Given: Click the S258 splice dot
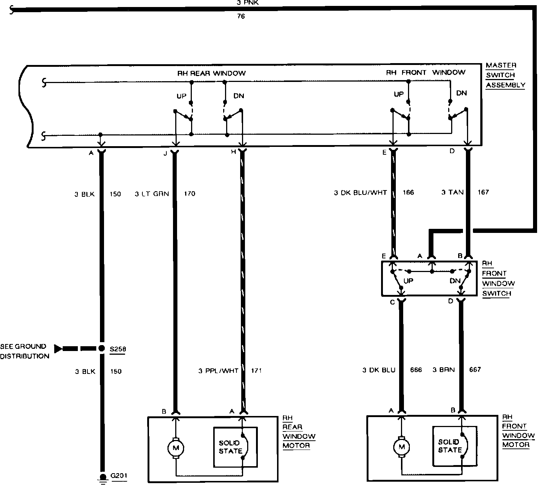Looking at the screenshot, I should click(101, 348).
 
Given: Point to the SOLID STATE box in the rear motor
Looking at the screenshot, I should click(235, 447).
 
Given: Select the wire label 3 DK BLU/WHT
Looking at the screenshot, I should click(360, 192).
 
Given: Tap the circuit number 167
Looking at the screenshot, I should click(483, 192).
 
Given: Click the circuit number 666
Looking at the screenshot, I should click(416, 370).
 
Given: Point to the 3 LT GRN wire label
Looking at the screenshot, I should click(152, 193).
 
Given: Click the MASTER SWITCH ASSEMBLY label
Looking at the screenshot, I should click(505, 75).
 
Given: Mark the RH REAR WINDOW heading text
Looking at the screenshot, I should click(211, 73).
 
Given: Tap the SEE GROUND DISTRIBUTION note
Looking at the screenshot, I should click(24, 351).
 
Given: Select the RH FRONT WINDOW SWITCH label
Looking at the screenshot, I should click(498, 279).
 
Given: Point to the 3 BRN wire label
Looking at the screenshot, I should click(443, 369).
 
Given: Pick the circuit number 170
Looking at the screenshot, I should click(189, 193).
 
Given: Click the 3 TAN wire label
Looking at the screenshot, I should click(452, 192).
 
